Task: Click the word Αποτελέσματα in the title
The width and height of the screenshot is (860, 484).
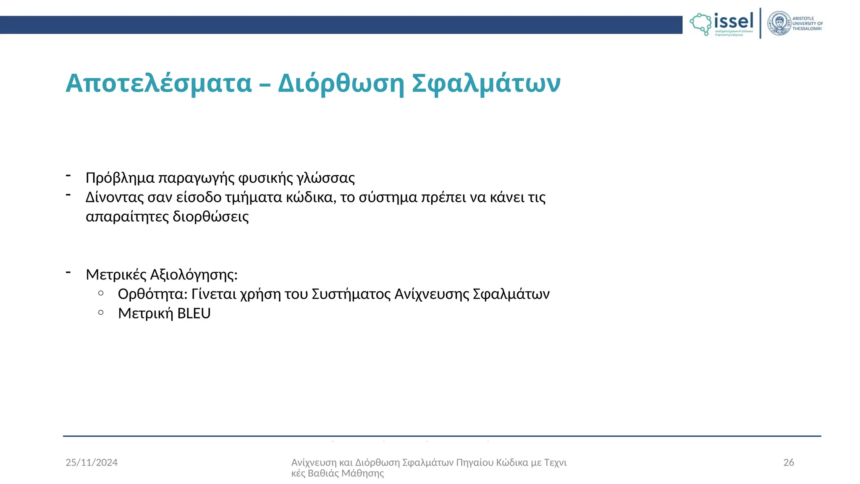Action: tap(158, 83)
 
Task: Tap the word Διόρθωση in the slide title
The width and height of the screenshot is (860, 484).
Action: tap(341, 83)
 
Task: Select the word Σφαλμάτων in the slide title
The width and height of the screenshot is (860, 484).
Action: tap(486, 83)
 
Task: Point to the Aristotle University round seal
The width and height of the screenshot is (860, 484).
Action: tap(779, 24)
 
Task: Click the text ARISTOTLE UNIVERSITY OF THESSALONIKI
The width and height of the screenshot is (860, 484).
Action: tap(807, 24)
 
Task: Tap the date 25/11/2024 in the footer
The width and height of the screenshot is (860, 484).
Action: tap(92, 463)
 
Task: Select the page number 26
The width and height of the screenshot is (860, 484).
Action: tap(789, 463)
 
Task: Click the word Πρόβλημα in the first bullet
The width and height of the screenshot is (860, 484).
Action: tap(120, 178)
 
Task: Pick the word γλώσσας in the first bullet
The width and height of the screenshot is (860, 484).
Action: tap(326, 178)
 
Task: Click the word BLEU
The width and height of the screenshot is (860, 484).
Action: tap(194, 313)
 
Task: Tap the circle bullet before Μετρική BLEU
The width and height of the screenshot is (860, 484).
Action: tap(101, 312)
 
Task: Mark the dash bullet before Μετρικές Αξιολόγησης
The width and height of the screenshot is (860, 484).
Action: tap(68, 273)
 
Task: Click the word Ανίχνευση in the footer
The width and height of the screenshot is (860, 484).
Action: tap(314, 463)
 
